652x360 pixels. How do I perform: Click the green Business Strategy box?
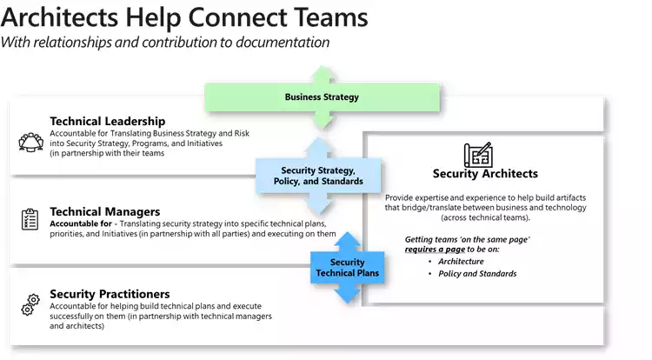[x=321, y=97]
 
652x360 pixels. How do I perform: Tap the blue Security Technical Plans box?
[x=348, y=267]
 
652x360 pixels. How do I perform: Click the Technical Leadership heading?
[x=107, y=121]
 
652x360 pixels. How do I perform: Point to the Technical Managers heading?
[x=104, y=211]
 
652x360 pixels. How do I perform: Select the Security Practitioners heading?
[x=110, y=294]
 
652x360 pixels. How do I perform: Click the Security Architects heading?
[x=485, y=174]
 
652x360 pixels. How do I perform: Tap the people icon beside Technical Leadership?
[x=30, y=141]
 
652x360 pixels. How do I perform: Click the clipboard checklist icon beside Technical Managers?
[x=30, y=220]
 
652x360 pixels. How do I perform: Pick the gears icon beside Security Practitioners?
[x=30, y=304]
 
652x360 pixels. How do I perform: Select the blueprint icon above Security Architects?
[x=477, y=154]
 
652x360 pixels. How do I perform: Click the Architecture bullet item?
[x=461, y=261]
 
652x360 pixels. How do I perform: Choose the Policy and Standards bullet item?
[x=477, y=274]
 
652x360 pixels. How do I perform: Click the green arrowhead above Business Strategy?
[x=321, y=73]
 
